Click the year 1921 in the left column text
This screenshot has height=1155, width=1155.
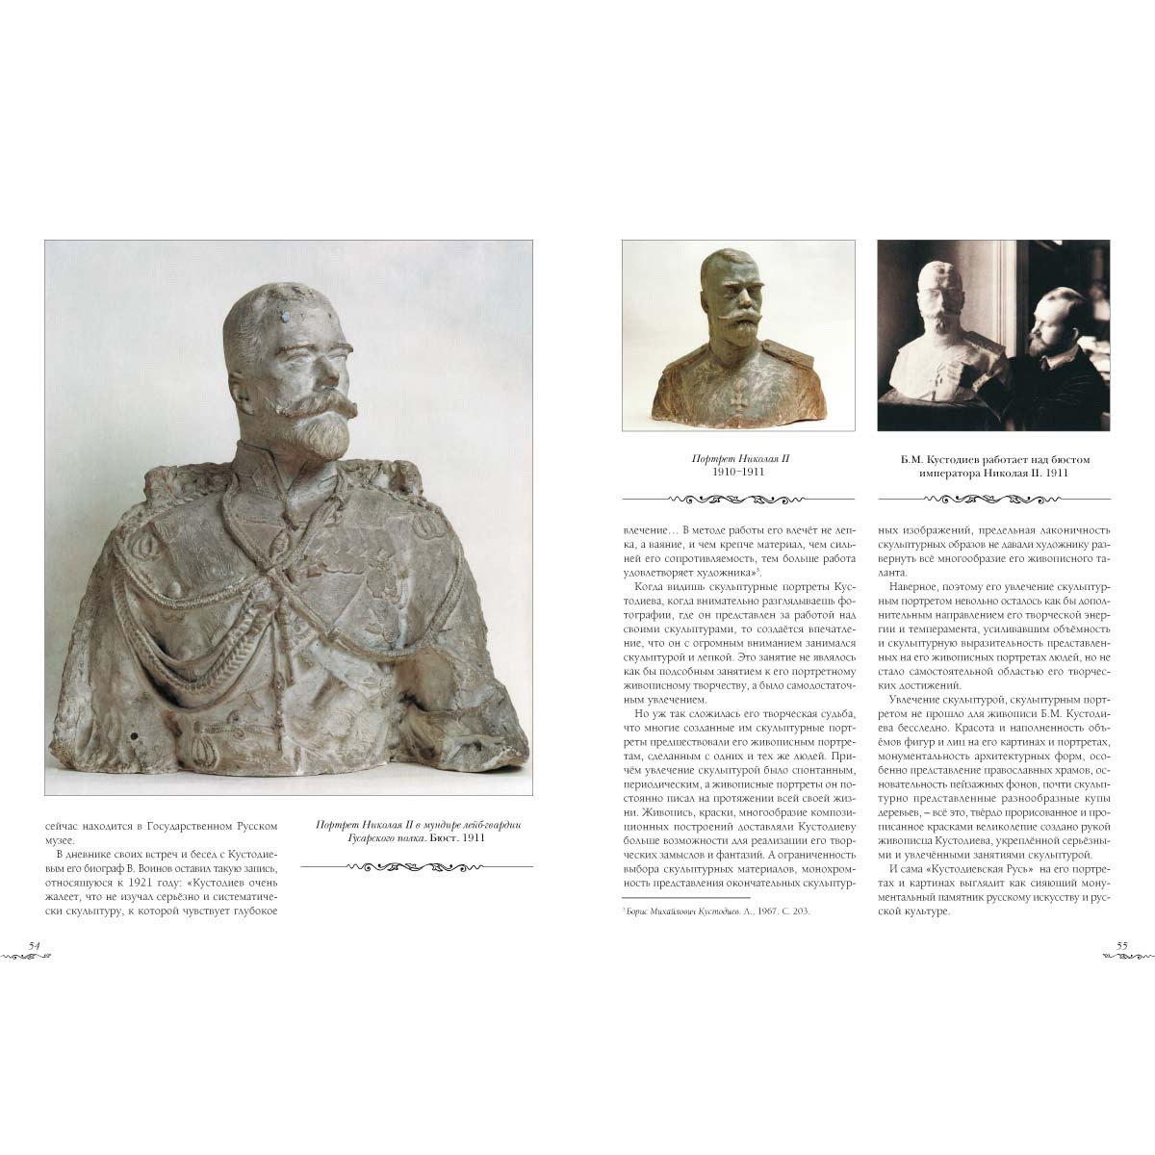pos(139,882)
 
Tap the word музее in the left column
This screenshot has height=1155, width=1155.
pos(63,840)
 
